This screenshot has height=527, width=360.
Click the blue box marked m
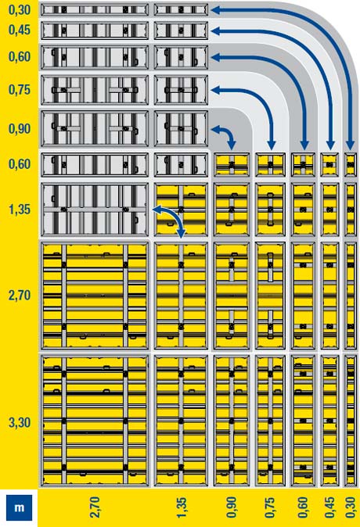pos(20,507)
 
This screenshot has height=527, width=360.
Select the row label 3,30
pos(20,422)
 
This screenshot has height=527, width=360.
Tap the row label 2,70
pos(20,296)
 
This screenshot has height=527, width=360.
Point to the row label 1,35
pos(20,210)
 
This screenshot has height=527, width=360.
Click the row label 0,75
pos(20,90)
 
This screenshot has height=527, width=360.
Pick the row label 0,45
pos(20,30)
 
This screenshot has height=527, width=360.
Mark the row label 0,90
pos(20,129)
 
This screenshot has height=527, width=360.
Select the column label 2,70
pos(95,507)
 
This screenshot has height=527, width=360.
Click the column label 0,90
pos(232,507)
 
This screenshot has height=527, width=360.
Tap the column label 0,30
pos(351,507)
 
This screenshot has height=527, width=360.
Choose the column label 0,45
pos(329,507)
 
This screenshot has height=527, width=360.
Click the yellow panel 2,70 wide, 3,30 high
pos(95,421)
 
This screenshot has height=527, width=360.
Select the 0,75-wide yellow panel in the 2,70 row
pos(270,296)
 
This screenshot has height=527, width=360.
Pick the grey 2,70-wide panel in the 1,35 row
pos(95,210)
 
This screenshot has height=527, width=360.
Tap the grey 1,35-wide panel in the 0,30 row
pos(181,9)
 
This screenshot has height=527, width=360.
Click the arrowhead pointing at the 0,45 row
pos(215,31)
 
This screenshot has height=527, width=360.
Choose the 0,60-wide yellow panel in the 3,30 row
pos(303,421)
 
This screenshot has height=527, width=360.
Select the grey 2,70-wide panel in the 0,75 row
pos(95,90)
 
